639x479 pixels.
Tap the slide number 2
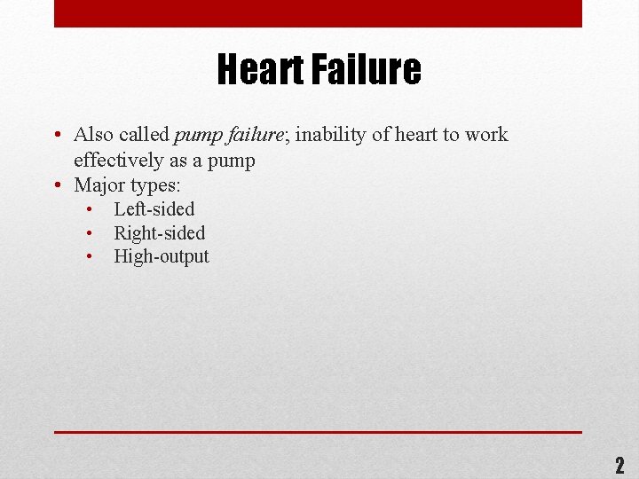[619, 465]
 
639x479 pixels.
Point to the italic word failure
[254, 135]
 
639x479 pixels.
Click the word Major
[99, 185]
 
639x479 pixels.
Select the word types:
[155, 186]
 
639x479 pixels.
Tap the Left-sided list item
[154, 209]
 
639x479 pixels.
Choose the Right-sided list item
[159, 233]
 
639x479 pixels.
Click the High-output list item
[162, 256]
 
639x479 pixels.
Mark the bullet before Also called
[56, 136]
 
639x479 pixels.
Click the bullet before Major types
[56, 186]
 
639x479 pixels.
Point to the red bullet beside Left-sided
[91, 210]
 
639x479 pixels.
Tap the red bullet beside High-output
[91, 257]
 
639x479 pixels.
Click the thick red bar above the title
[318, 13]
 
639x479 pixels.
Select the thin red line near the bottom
[318, 432]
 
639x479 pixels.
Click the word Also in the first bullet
[93, 135]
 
